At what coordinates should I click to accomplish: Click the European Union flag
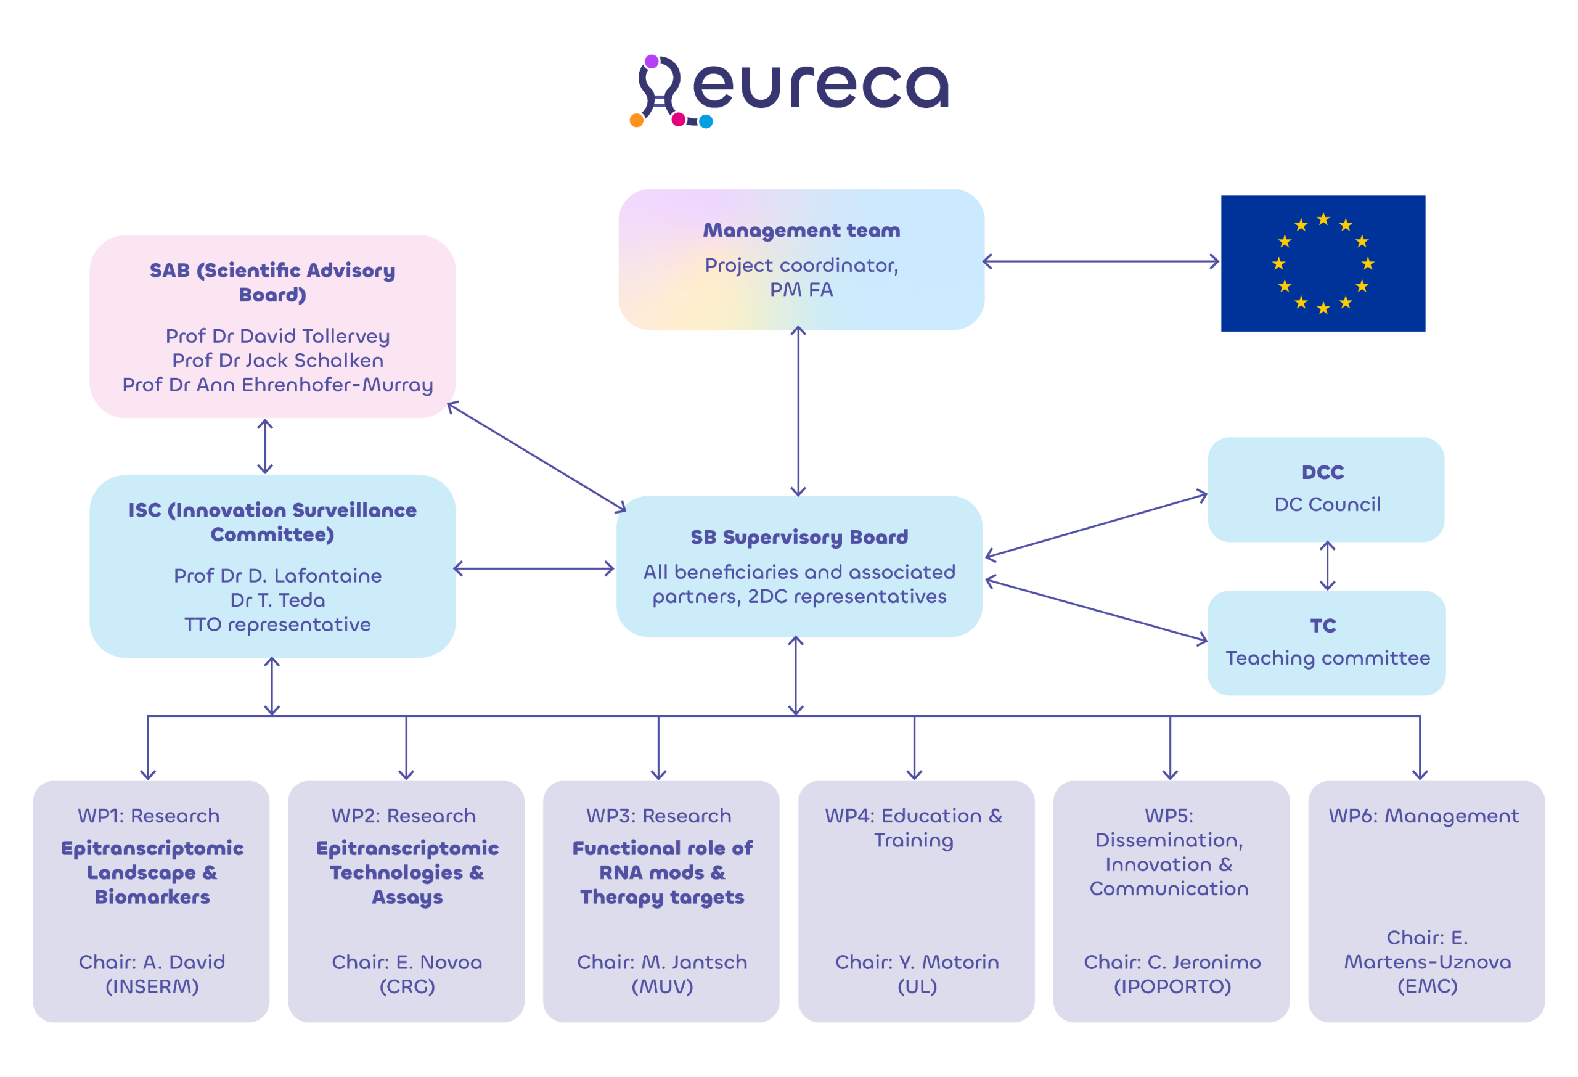(1323, 263)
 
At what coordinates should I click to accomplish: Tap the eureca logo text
(820, 87)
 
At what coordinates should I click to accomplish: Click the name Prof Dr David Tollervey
(278, 336)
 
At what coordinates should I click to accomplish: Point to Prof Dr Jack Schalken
(278, 361)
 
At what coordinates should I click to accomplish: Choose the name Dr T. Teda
(278, 600)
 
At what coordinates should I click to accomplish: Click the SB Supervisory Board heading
(799, 537)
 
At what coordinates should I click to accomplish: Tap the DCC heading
(1323, 472)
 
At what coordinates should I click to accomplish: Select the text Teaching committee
(1328, 658)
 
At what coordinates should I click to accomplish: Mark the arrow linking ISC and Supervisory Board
(534, 568)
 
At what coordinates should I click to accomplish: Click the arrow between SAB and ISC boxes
(265, 446)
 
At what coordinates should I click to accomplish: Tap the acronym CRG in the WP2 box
(407, 986)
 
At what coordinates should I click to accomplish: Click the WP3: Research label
(659, 816)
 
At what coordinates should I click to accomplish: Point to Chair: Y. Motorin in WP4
(917, 962)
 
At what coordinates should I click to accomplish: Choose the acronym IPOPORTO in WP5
(1172, 986)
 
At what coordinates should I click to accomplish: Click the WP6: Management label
(1424, 816)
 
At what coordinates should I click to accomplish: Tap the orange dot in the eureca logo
(637, 120)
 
